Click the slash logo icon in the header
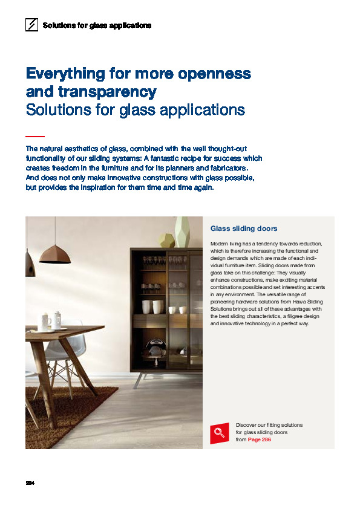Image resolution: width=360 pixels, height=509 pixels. (31, 25)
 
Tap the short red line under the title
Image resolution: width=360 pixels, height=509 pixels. (35, 137)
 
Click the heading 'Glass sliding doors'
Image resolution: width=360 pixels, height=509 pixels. (244, 229)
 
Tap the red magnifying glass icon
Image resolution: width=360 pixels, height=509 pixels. (220, 433)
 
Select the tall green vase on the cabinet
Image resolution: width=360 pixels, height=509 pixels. (182, 233)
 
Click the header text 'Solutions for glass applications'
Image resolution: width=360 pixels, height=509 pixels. (97, 25)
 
